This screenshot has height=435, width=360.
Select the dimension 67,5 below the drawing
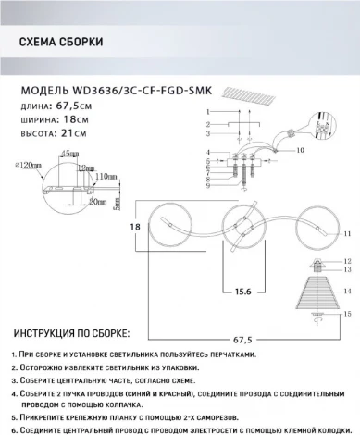(242, 325)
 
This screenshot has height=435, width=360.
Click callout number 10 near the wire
(301, 149)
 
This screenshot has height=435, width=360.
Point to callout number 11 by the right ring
(347, 235)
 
